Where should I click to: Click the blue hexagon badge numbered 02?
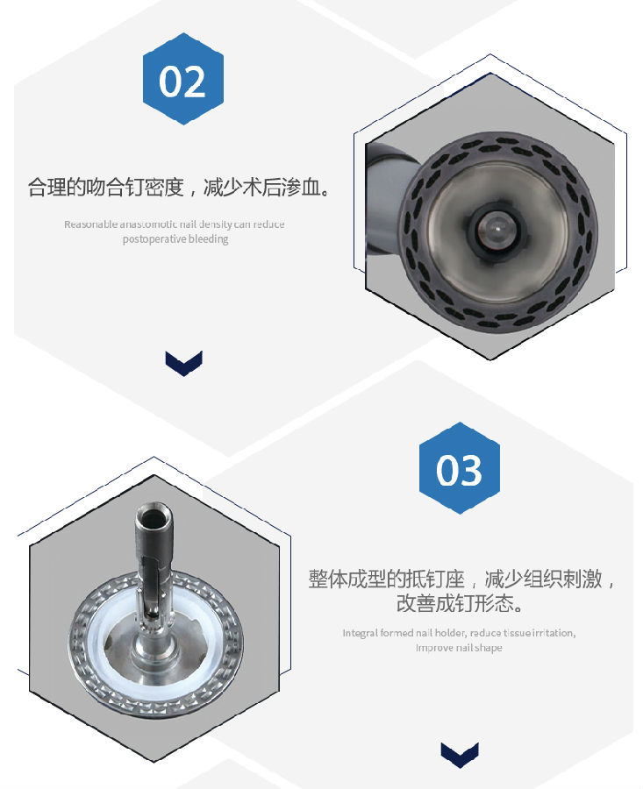[182, 79]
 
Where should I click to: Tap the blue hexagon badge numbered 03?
[459, 468]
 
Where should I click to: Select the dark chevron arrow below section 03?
[460, 755]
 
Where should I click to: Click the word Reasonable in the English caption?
[90, 224]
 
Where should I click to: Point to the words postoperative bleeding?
[175, 239]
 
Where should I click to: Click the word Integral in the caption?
[360, 633]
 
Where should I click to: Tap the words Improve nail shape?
[459, 648]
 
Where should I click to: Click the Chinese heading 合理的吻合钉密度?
[105, 188]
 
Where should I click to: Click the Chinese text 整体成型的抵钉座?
[387, 579]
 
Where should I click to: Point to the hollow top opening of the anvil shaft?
[154, 515]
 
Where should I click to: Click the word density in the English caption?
[215, 224]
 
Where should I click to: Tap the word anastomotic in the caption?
[148, 224]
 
